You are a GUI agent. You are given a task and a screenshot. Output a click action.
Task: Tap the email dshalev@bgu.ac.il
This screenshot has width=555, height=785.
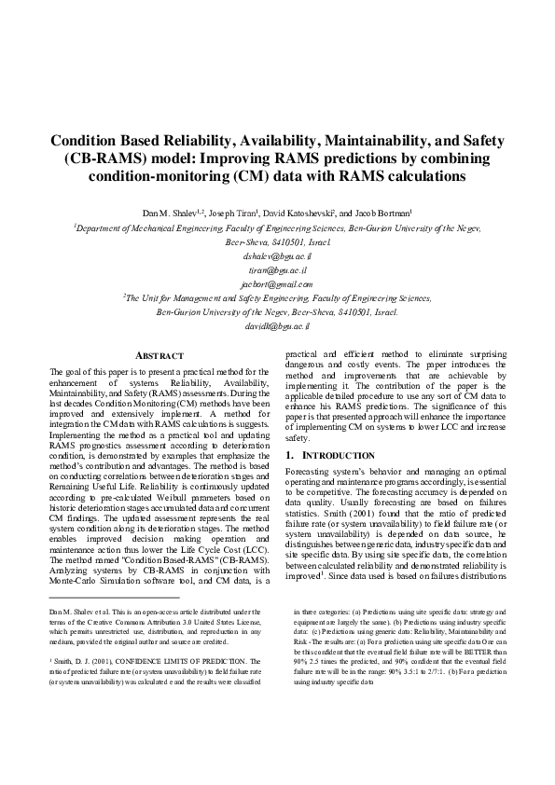coord(277,255)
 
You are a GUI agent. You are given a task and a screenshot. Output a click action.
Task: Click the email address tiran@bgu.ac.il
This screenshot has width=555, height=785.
coord(277,269)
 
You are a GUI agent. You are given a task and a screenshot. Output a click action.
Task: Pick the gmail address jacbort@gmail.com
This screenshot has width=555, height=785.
coord(277,283)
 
